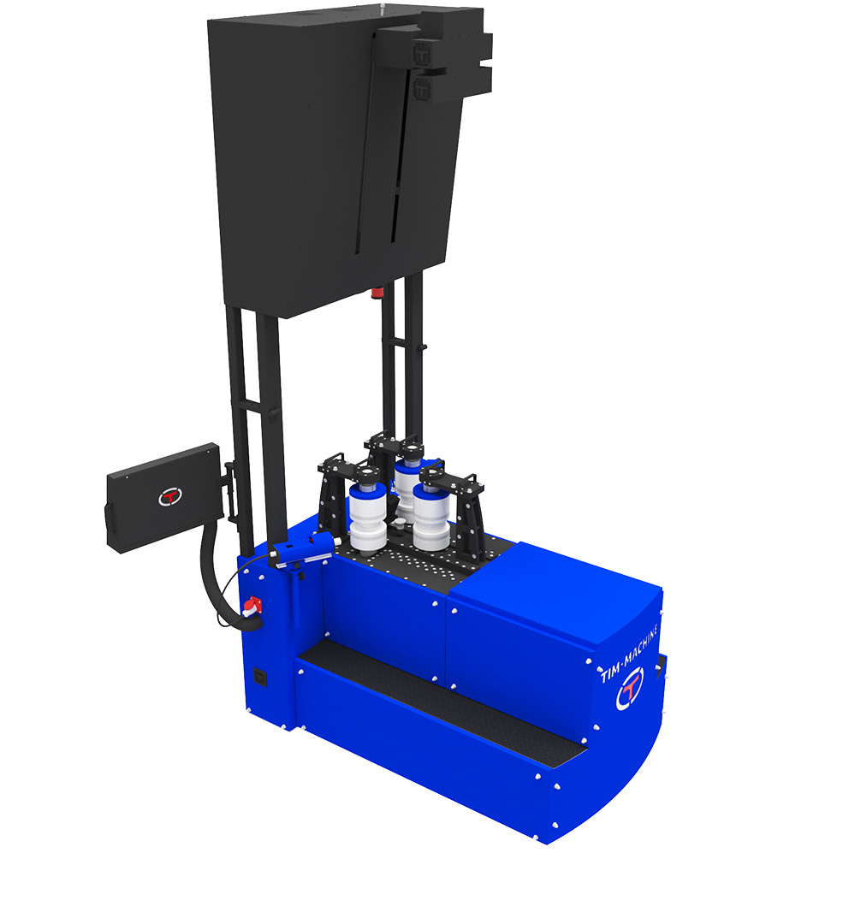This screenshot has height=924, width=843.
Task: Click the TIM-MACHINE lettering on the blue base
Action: tap(628, 653)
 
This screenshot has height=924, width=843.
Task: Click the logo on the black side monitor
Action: tap(169, 496)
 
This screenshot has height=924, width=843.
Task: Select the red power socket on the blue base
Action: tap(252, 607)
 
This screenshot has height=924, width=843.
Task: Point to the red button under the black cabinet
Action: tap(377, 292)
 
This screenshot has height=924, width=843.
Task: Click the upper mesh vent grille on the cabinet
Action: tap(423, 53)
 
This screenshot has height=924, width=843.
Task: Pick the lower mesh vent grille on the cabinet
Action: tap(423, 88)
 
